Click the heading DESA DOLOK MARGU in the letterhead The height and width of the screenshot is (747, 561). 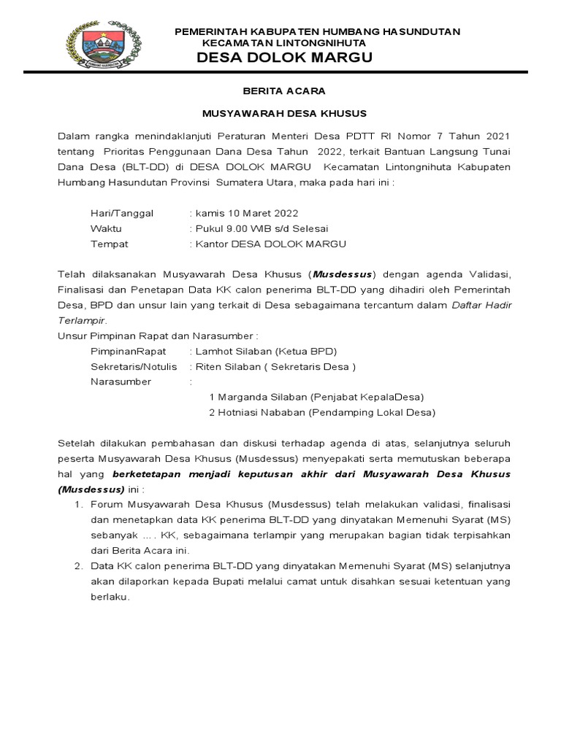click(285, 58)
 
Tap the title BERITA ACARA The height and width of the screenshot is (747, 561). click(284, 91)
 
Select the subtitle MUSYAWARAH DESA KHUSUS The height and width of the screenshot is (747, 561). click(284, 114)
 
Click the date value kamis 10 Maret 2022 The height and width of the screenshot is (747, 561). click(246, 213)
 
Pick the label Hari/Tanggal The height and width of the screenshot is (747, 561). click(122, 213)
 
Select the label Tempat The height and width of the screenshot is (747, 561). click(110, 244)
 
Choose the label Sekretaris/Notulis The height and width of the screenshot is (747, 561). click(134, 366)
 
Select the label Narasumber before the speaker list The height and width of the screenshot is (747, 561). click(121, 382)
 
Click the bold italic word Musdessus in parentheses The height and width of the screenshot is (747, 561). click(343, 274)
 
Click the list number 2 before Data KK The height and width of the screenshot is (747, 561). click(79, 565)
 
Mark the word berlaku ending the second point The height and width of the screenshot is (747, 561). click(110, 596)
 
